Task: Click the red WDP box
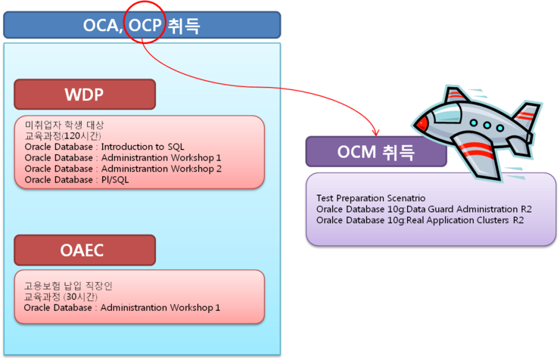click(84, 95)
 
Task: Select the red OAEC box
click(84, 250)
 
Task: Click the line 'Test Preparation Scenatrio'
click(371, 198)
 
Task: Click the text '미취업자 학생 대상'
click(64, 125)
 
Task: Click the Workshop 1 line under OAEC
click(122, 308)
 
